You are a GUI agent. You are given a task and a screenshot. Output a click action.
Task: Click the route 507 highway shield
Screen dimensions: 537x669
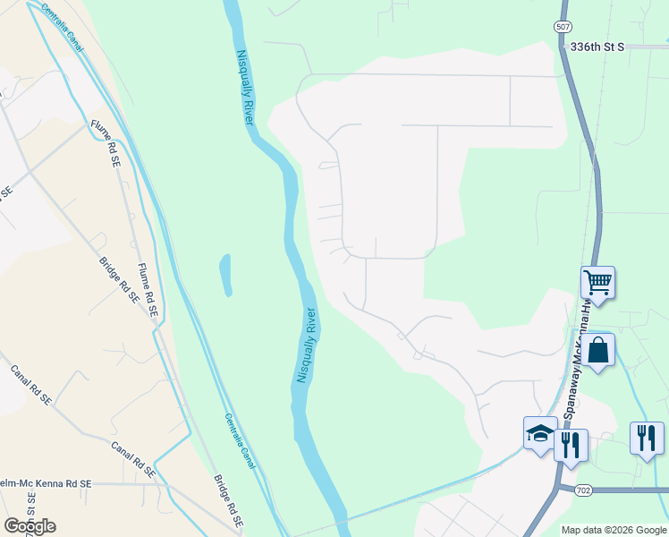click(x=562, y=28)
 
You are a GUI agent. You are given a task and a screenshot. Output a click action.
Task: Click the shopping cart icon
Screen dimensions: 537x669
click(x=597, y=282)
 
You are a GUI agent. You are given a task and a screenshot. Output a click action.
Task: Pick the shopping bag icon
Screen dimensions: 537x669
click(x=597, y=349)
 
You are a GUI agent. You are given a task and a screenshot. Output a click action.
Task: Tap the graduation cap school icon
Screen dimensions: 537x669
click(x=540, y=435)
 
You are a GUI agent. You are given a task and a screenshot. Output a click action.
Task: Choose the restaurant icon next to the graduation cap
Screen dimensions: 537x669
click(x=571, y=443)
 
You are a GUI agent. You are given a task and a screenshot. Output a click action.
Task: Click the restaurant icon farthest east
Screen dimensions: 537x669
click(x=647, y=439)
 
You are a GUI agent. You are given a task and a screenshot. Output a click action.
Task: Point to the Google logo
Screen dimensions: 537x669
click(x=30, y=526)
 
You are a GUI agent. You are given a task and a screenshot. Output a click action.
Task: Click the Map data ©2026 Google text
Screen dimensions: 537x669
click(x=613, y=530)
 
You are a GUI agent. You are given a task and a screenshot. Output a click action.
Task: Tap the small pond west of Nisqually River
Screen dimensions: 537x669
click(x=224, y=275)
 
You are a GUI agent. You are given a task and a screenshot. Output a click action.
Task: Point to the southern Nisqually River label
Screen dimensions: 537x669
click(x=306, y=346)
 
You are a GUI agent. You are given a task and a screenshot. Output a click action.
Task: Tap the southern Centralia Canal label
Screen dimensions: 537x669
click(x=239, y=441)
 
